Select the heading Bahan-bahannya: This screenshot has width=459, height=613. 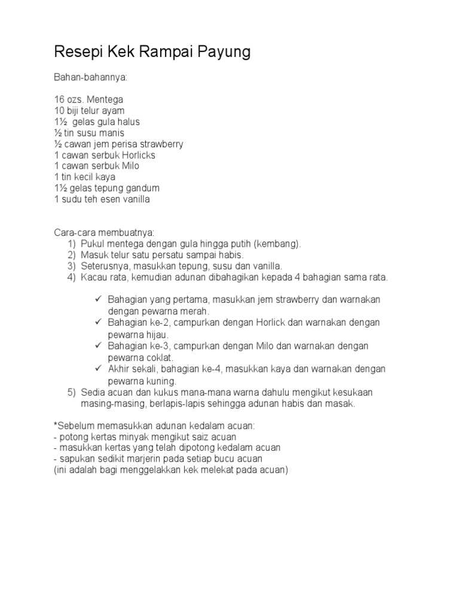(x=91, y=78)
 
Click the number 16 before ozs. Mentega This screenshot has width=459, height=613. (x=59, y=100)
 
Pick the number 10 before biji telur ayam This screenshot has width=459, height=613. (x=59, y=111)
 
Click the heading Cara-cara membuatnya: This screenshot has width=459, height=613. (x=105, y=233)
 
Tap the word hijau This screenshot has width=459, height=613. (x=156, y=335)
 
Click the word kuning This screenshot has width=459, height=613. (x=161, y=381)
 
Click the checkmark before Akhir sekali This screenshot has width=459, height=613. (x=99, y=369)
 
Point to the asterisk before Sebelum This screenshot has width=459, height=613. (x=56, y=425)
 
